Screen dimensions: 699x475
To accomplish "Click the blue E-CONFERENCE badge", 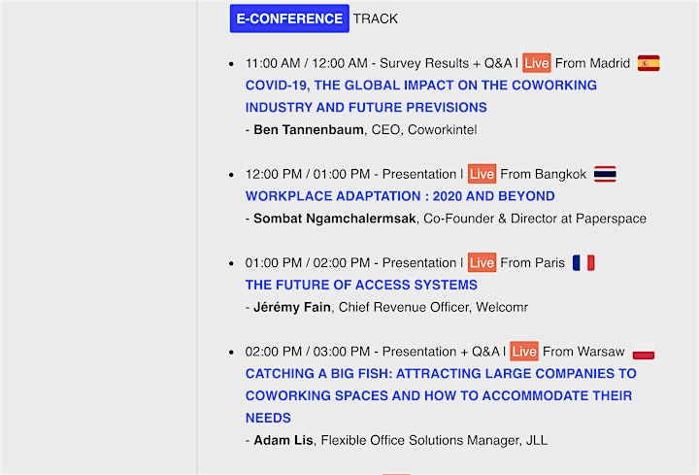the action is tap(289, 18).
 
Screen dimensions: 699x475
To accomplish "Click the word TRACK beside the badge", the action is tap(376, 18).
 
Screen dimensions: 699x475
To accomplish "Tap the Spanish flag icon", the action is tap(649, 63).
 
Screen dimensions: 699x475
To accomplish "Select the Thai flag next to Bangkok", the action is tap(605, 174).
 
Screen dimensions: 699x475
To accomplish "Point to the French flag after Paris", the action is tap(583, 262).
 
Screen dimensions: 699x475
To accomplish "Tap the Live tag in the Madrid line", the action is tap(536, 63).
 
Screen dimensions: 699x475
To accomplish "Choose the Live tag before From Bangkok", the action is tap(482, 174).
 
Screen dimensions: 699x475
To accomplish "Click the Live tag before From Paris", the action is tap(482, 262).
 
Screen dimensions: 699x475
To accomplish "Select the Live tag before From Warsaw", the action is tap(524, 352).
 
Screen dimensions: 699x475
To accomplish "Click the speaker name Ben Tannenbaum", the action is tap(309, 130).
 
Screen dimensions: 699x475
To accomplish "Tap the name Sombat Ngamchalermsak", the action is tap(334, 219).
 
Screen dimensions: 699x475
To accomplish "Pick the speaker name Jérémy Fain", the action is tap(292, 307).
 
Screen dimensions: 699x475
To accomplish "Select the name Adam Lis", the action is tap(283, 440).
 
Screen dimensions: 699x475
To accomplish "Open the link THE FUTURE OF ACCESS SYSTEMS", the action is tap(361, 285).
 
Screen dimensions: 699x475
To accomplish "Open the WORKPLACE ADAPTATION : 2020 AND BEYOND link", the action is tap(400, 196).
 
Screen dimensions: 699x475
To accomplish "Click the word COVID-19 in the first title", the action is tap(277, 85).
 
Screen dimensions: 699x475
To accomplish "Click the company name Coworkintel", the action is tap(443, 130).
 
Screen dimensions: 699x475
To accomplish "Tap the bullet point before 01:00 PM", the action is tap(231, 263).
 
